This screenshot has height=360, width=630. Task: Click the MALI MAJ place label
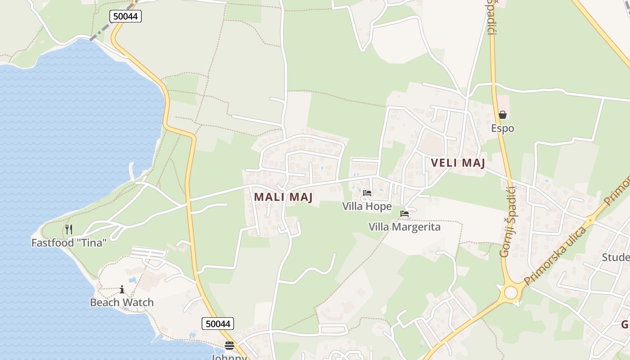pos(283,197)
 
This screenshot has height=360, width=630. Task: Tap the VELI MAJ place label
pos(458,163)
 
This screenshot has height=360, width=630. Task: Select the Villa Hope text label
pos(367,207)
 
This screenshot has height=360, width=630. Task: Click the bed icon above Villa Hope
pos(367,193)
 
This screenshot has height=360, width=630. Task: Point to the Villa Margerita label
pos(404,227)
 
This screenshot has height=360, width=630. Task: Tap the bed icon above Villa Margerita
pos(405,214)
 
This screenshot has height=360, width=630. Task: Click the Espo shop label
pos(502,129)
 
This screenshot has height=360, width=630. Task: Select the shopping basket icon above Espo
pos(503,115)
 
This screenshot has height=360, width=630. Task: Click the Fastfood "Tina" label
pos(69,243)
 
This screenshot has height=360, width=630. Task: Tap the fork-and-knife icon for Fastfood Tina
pos(69,229)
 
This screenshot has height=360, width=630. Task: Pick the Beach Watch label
pos(121,302)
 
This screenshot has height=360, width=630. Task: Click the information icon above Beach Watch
pos(121,289)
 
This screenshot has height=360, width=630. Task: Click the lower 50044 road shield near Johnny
pos(218,324)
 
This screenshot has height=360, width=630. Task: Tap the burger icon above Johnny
pos(229,346)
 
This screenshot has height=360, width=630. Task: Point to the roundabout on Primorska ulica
pos(511,292)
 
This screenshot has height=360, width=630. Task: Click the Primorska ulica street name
pos(556,256)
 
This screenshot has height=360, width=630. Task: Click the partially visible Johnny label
pos(229,357)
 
